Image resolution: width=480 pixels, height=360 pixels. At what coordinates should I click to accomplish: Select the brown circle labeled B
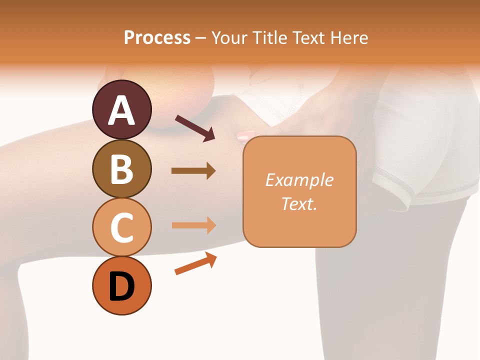[x=121, y=169]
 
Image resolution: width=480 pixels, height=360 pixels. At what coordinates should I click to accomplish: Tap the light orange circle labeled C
[x=121, y=227]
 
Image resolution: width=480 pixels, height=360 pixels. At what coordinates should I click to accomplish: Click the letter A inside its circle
[x=121, y=110]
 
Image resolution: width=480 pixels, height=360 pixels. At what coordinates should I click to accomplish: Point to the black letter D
[x=121, y=287]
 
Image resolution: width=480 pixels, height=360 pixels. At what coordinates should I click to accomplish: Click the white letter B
[x=121, y=169]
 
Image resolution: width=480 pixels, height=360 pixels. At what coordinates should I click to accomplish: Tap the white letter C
[x=121, y=227]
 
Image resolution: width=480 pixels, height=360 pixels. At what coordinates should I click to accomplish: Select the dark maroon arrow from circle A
[x=195, y=127]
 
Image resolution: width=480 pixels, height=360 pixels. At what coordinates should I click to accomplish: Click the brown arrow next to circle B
[x=193, y=170]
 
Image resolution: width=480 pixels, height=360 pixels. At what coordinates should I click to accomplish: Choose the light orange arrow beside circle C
[x=193, y=225]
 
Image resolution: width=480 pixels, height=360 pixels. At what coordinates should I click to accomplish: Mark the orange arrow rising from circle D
[x=195, y=263]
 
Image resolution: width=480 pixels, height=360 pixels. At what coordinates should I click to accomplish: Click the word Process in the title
[x=157, y=38]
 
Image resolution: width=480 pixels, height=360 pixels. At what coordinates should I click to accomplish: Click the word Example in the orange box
[x=299, y=180]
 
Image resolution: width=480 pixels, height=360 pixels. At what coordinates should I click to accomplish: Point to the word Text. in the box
[x=299, y=203]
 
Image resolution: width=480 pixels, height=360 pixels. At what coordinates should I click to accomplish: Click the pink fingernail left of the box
[x=243, y=135]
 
